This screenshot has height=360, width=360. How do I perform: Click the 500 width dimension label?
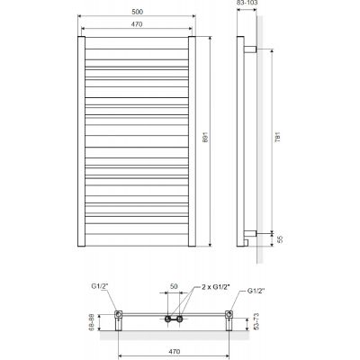pos(137,12)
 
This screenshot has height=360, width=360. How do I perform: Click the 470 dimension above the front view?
pos(137,24)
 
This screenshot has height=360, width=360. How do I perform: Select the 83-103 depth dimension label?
pos(247,3)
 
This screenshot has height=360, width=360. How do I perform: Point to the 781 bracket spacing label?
pos(278,137)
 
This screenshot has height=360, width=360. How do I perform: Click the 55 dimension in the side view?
pos(280,239)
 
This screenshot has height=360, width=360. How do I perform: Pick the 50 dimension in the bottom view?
pos(174,286)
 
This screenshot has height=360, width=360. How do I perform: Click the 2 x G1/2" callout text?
pos(216,287)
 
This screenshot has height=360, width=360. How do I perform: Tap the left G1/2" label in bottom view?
pos(100,286)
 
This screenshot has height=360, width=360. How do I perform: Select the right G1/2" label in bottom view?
pos(256,291)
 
